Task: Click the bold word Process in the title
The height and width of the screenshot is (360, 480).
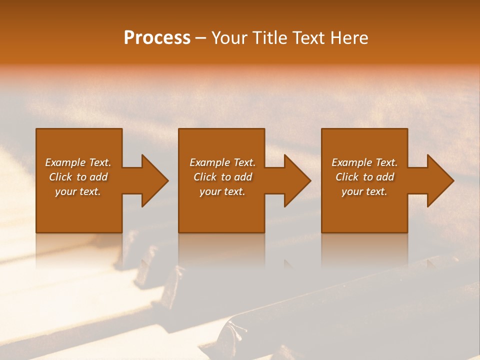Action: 157,38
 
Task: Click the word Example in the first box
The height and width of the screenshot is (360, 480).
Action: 65,162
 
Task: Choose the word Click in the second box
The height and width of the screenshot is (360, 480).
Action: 205,177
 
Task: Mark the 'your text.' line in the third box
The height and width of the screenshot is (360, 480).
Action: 364,191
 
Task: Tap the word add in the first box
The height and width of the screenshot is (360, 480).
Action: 98,177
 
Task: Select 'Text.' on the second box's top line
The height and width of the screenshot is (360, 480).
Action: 243,162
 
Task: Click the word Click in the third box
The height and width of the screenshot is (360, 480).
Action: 347,177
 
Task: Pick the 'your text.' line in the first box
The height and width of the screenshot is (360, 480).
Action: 77,191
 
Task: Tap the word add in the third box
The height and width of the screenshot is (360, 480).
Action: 385,177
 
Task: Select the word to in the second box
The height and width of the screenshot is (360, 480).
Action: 226,177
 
